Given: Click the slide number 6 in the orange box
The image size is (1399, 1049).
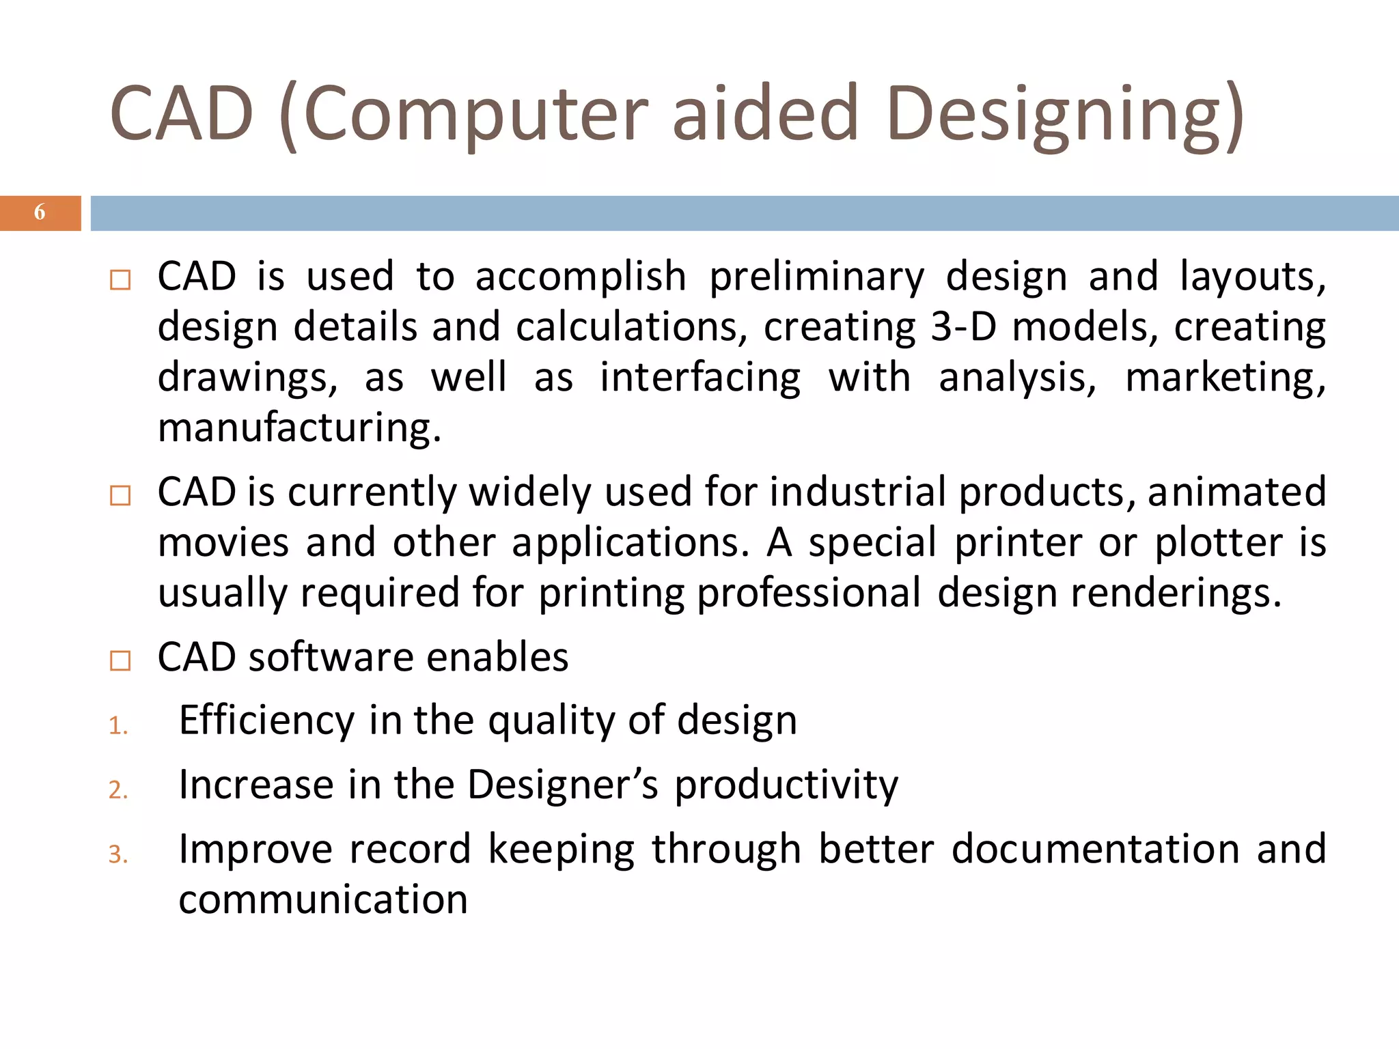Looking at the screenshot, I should pyautogui.click(x=40, y=212).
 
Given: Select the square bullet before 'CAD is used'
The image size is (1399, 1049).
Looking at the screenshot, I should pyautogui.click(x=120, y=280).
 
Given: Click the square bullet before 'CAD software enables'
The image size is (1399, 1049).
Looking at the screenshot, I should pyautogui.click(x=120, y=660).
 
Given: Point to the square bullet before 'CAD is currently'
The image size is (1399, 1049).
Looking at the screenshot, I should pyautogui.click(x=120, y=495).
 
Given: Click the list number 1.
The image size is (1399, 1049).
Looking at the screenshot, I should pyautogui.click(x=118, y=726).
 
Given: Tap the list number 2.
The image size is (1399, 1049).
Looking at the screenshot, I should pyautogui.click(x=118, y=790).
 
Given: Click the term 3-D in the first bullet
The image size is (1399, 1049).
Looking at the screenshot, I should pyautogui.click(x=963, y=327).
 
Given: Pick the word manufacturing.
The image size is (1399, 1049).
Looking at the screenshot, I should pyautogui.click(x=299, y=429).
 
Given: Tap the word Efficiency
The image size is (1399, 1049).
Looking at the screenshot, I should pyautogui.click(x=266, y=721).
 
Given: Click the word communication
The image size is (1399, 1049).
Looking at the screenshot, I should pyautogui.click(x=323, y=899).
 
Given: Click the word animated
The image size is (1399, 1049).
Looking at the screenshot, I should pyautogui.click(x=1236, y=492).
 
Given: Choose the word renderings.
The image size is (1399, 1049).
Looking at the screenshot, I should pyautogui.click(x=1175, y=593).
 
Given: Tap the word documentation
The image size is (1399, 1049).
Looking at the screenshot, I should pyautogui.click(x=1095, y=850).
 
